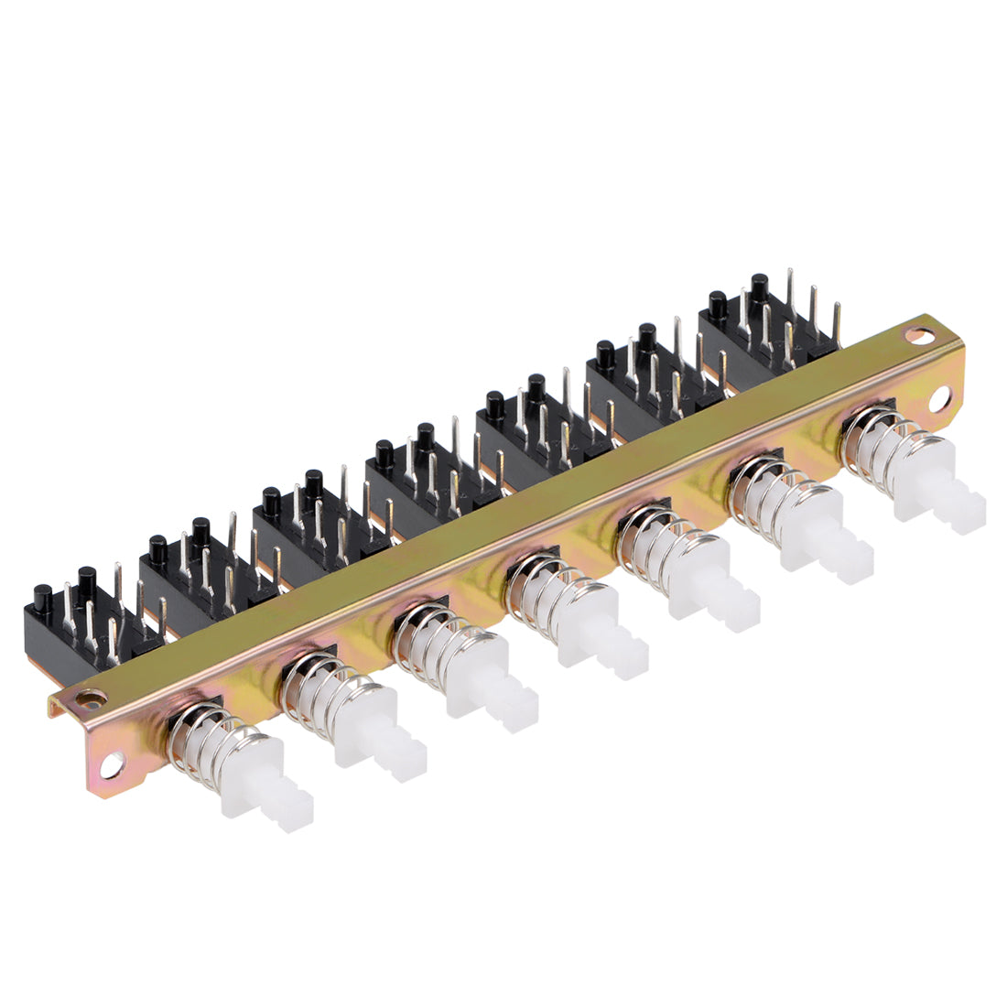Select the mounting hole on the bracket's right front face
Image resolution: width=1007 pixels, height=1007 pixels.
(941, 400)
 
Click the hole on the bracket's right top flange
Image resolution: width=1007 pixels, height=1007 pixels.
(915, 335)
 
